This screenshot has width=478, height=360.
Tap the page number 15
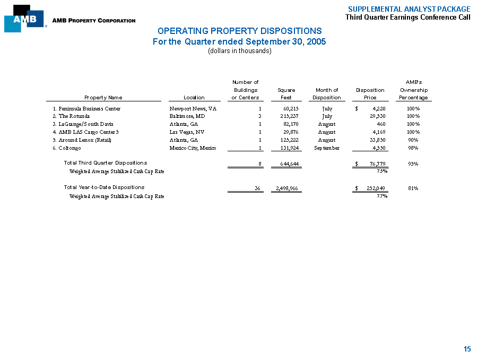(x=467, y=349)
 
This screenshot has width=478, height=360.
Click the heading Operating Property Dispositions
(x=239, y=31)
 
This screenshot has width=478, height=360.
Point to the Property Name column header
(x=103, y=98)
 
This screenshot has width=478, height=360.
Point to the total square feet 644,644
(x=287, y=164)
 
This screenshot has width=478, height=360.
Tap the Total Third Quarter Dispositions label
(x=106, y=162)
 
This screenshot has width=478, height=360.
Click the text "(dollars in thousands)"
(x=239, y=51)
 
